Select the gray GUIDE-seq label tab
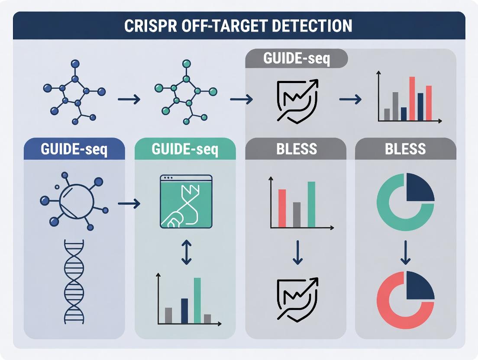[297, 59]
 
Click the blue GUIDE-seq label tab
[74, 150]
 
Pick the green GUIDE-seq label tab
[185, 150]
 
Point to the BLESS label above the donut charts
[405, 150]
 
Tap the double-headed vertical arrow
[186, 253]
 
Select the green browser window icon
[186, 201]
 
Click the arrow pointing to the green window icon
[129, 203]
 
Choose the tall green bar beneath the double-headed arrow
[197, 300]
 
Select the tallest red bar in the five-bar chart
[412, 98]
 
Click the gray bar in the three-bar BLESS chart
[297, 215]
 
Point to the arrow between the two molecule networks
[129, 100]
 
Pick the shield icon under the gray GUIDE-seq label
[297, 101]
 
